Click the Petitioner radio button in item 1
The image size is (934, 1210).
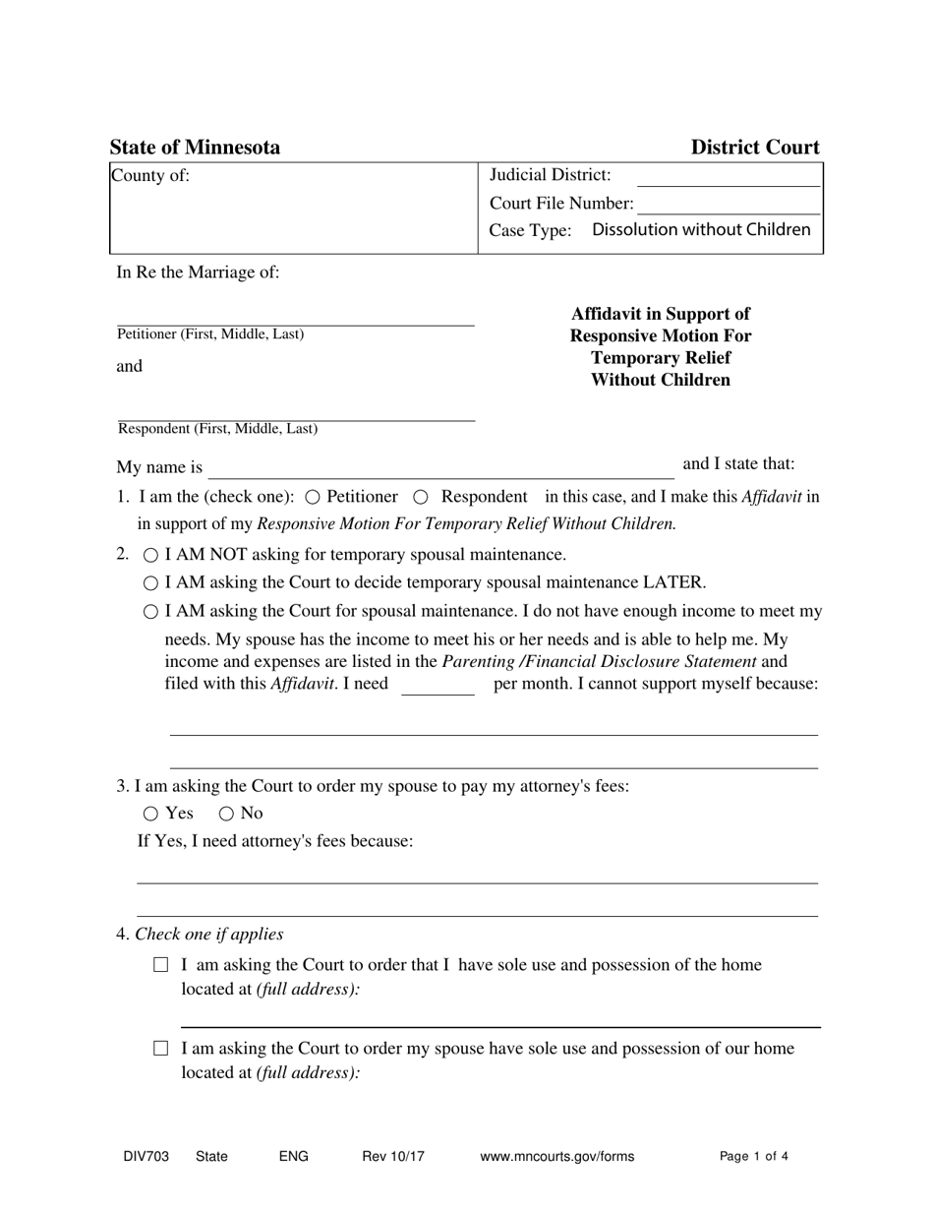coord(313,498)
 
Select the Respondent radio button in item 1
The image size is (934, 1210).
coord(421,498)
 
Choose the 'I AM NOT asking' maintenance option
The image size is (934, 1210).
coord(151,556)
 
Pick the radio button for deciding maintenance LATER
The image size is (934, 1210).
coord(151,583)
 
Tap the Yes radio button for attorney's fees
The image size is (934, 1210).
coord(150,814)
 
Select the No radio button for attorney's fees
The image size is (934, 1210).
coord(226,814)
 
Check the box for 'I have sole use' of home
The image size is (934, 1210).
coord(161,965)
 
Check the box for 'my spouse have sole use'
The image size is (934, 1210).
coord(161,1049)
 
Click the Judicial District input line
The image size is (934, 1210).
coord(728,177)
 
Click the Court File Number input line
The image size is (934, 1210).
coord(728,205)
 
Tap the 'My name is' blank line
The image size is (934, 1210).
coord(440,468)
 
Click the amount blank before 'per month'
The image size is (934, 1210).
coord(438,685)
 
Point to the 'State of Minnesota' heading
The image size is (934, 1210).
coord(195,148)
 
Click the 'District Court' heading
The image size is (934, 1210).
coord(754,148)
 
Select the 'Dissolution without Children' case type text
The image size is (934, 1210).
coord(701,230)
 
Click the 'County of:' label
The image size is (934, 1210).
coord(150,176)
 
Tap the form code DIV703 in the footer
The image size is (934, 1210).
coord(146,1157)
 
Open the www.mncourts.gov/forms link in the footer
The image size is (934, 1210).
coord(556,1157)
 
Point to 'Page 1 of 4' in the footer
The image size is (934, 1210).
coord(754,1157)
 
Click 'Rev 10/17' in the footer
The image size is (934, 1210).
coord(393,1157)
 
